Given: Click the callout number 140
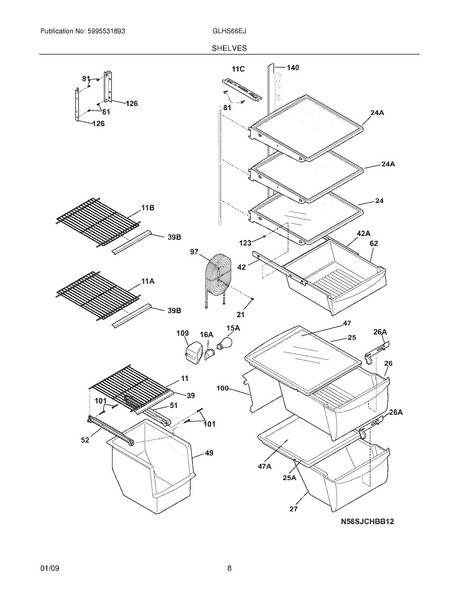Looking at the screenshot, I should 293,67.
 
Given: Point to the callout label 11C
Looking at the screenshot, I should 238,69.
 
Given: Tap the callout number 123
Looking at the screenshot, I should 245,243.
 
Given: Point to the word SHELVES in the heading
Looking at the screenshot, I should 229,48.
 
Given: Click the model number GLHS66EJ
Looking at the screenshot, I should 229,31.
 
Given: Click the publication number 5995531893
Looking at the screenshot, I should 106,31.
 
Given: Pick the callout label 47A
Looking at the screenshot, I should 264,466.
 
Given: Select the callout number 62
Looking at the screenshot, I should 374,244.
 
